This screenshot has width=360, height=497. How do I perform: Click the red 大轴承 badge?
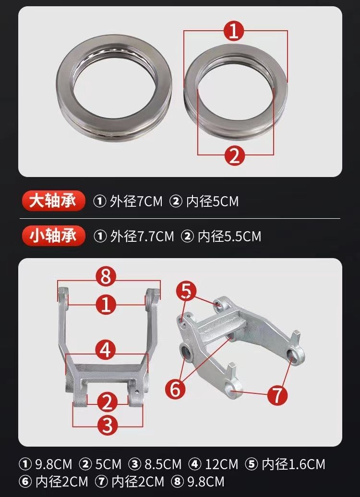53,201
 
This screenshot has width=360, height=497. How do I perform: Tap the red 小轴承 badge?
53,236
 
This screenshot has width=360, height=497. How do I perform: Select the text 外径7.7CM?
142,237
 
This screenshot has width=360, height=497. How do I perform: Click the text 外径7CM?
136,201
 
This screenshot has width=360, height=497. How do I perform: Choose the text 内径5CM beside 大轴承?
212,201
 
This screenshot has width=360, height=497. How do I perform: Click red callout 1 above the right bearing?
234,30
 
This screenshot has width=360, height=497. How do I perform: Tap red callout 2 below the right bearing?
235,155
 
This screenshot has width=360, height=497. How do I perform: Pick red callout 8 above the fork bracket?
106,276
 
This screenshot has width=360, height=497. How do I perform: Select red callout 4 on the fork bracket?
106,350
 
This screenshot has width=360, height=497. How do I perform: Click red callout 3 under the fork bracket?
107,425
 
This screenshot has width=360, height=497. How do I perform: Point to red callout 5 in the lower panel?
187,291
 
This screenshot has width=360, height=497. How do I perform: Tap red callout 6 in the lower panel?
176,389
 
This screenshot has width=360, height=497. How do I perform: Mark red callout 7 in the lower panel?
277,395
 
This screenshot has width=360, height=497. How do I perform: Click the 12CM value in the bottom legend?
221,464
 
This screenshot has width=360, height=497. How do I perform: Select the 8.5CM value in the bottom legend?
163,464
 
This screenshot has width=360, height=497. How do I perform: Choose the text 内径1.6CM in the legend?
293,464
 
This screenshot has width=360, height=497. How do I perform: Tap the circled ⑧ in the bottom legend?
177,482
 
